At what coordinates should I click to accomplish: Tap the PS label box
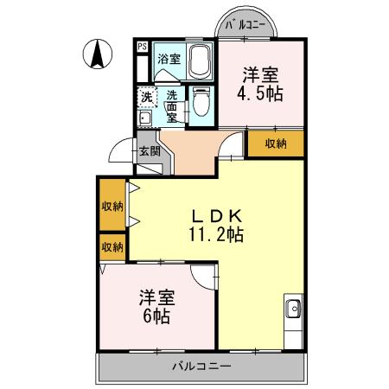click(141, 47)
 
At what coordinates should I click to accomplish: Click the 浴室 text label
click(169, 60)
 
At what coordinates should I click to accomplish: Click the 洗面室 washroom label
click(173, 105)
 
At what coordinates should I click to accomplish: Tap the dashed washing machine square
click(146, 97)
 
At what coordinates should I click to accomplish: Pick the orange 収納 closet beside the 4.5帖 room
click(275, 143)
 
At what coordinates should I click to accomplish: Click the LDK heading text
click(217, 214)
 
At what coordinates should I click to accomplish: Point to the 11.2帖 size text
click(217, 233)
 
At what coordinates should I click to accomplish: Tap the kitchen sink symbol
click(294, 307)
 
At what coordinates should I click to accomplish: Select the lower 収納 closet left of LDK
click(112, 247)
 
